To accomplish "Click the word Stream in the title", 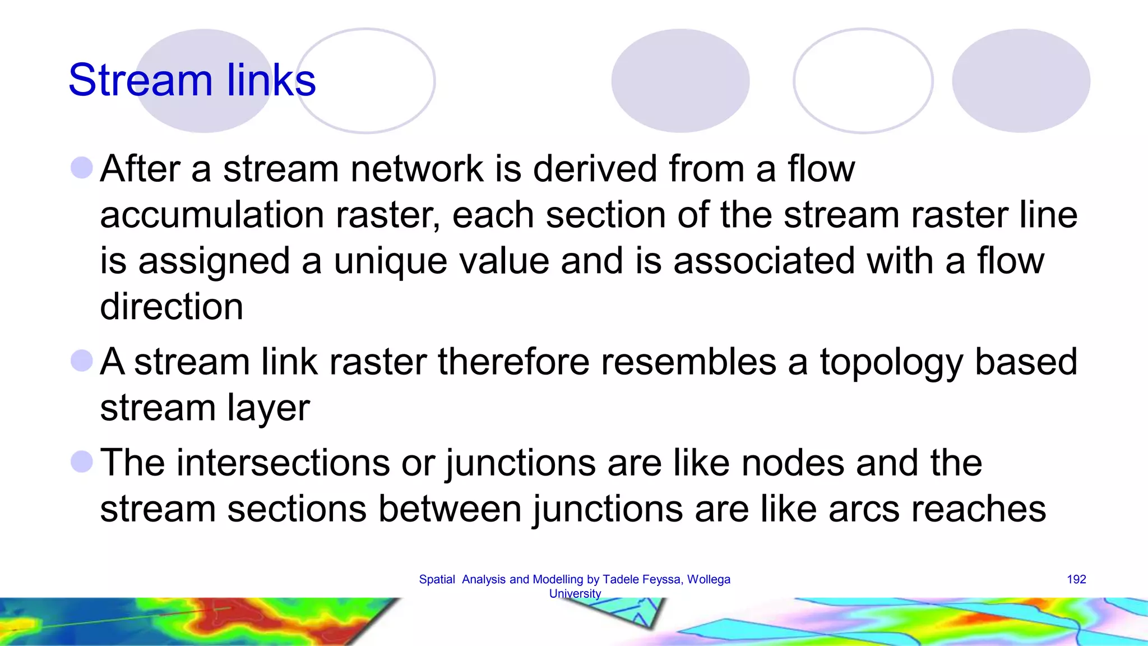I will (140, 80).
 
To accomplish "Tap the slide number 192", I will (1076, 579).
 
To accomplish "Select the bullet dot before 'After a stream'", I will (82, 168).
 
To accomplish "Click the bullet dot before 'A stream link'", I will (82, 361).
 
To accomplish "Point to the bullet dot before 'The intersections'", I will (82, 462).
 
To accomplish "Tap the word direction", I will (172, 307).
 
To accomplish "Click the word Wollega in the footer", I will (709, 579).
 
